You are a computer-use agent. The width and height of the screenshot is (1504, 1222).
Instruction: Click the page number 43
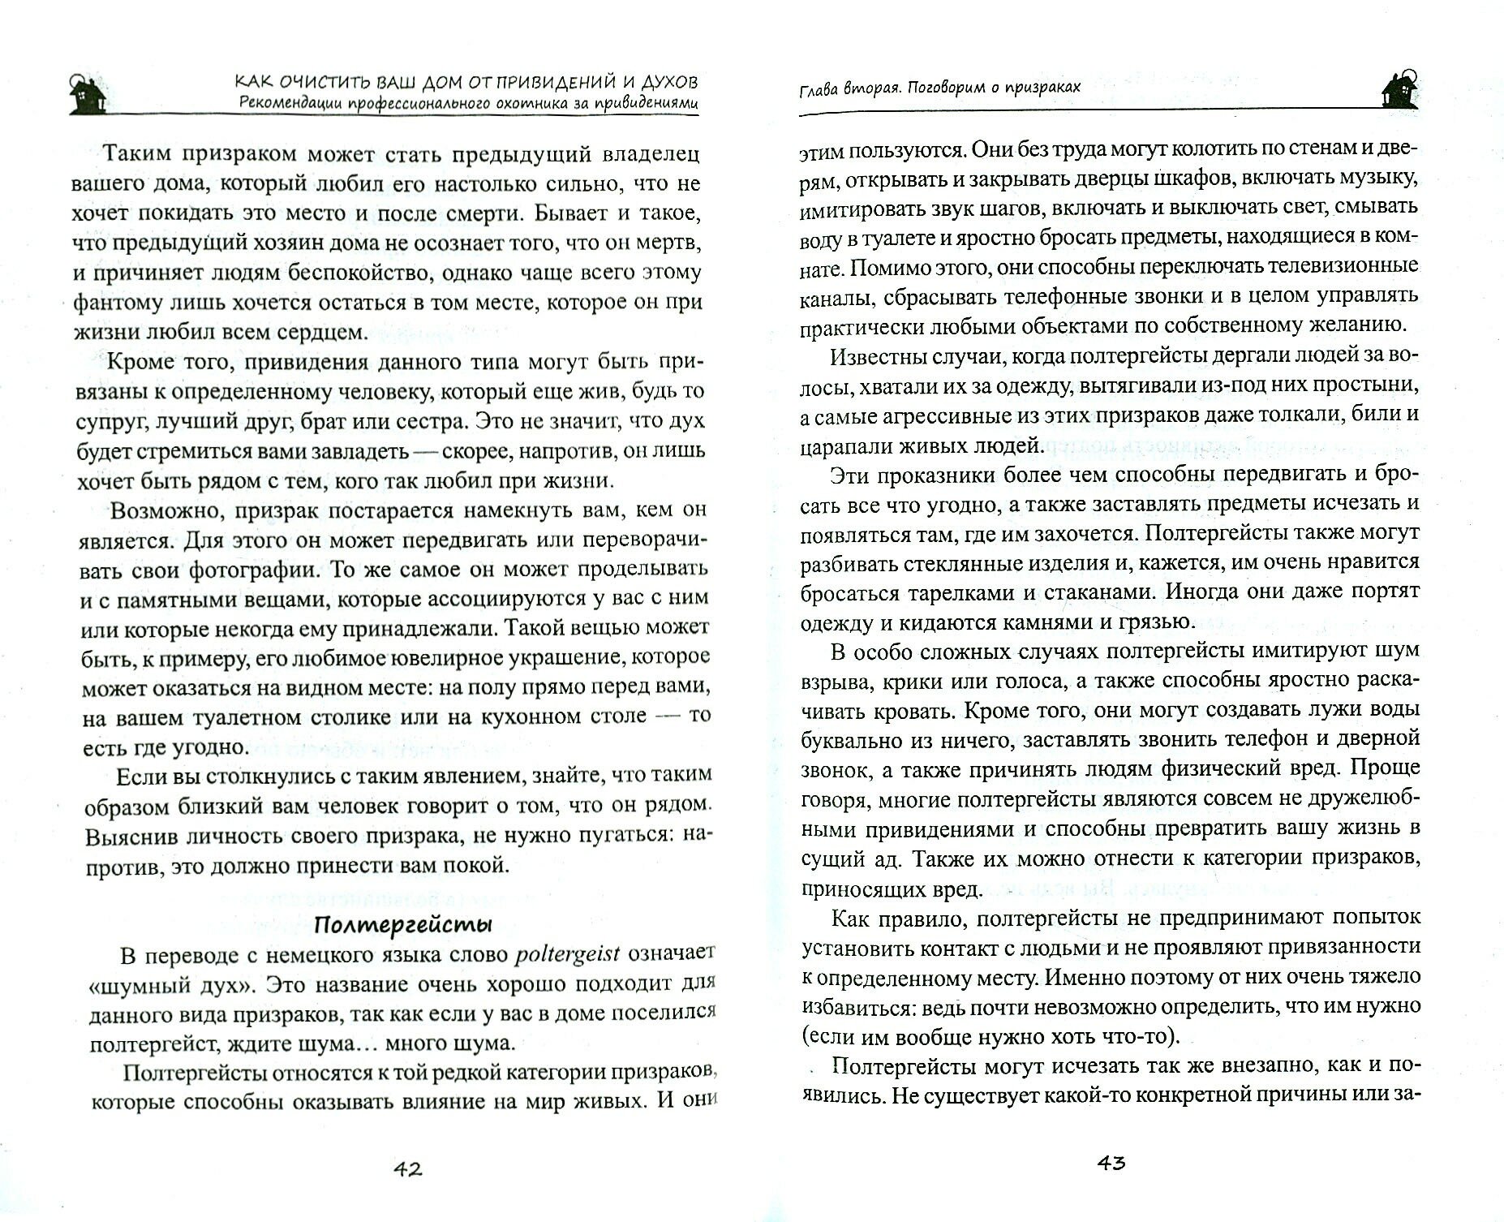pos(1111,1163)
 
